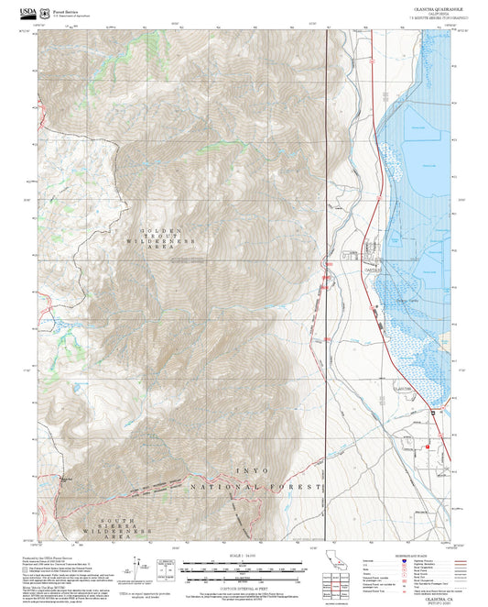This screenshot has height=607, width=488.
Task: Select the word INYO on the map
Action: (x=253, y=470)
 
